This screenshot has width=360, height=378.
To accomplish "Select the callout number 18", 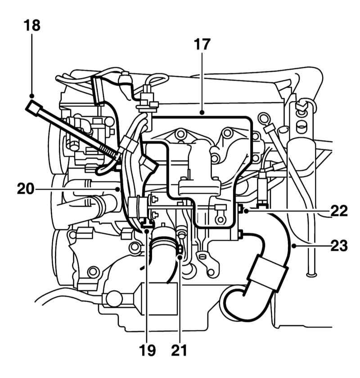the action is click(x=32, y=25).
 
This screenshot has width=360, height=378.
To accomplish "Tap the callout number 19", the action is click(x=147, y=350).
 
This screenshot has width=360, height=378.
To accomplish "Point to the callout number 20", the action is click(x=26, y=189).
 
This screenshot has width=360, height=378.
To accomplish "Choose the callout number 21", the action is click(x=179, y=350).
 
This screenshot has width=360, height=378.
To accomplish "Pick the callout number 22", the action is click(x=339, y=211).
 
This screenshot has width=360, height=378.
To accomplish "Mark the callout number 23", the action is click(x=339, y=246).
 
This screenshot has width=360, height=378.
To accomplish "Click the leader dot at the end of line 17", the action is click(x=202, y=112).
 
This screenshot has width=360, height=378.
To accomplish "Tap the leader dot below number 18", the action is click(x=32, y=96).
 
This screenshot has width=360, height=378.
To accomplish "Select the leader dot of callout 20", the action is click(x=117, y=189).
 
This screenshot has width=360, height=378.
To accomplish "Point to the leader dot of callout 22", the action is click(x=246, y=211).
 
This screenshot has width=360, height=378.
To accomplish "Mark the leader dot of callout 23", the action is click(x=294, y=246).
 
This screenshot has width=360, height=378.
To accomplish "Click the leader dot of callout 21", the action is click(x=180, y=258).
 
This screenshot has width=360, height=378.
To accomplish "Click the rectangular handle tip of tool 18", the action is click(x=34, y=109).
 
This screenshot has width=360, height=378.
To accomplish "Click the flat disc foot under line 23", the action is click(x=312, y=274).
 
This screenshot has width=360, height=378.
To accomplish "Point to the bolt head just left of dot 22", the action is click(x=240, y=208).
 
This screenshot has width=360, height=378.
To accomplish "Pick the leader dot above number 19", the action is click(x=147, y=231).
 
